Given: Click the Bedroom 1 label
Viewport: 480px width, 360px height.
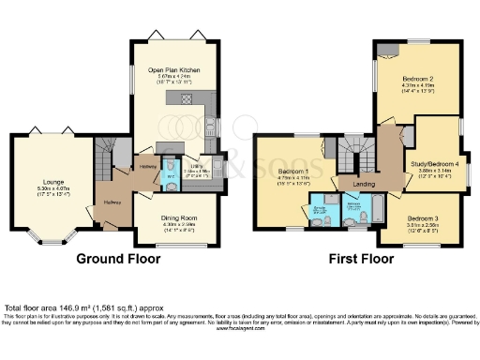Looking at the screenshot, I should tap(293, 172).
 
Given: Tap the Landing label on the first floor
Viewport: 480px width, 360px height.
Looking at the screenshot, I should tap(364, 184).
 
